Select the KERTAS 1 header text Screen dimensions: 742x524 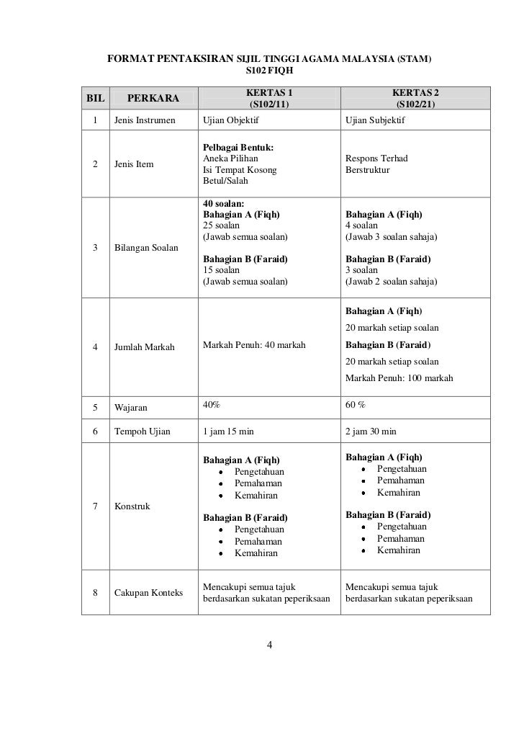[x=270, y=93]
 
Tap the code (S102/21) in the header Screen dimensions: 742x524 [x=415, y=104]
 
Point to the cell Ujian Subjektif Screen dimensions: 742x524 [x=375, y=120]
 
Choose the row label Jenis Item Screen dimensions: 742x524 [x=134, y=164]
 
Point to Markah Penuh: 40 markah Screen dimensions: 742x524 [x=254, y=347]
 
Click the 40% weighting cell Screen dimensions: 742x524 [x=212, y=405]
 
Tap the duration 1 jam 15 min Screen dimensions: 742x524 [x=228, y=432]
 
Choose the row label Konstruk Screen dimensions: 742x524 [x=132, y=506]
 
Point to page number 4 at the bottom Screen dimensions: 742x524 [x=269, y=645]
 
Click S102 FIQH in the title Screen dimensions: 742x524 [x=269, y=71]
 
